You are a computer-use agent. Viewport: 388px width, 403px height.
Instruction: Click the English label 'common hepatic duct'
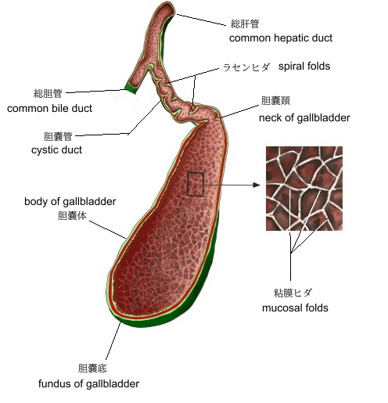pos(281,38)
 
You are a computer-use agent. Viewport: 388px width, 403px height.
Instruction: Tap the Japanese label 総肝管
pos(245,24)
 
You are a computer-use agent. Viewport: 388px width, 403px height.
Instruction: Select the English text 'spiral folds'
pos(304,67)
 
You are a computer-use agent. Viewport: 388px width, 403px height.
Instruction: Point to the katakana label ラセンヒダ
pos(246,67)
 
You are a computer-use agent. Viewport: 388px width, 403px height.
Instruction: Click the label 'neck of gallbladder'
pos(304,118)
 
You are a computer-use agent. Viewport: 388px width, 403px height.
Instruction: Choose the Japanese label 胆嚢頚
pos(275,100)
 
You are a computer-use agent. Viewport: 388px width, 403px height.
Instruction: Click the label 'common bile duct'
pos(49,109)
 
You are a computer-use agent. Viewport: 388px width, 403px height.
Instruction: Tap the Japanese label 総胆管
pos(48,93)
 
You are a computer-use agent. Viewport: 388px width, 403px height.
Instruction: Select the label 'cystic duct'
pos(56,150)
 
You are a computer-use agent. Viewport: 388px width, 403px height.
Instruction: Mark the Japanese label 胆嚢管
pos(58,136)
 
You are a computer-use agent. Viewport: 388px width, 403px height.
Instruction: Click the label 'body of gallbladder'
pos(70,202)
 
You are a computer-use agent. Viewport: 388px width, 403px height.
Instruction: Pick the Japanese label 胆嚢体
pos(72,216)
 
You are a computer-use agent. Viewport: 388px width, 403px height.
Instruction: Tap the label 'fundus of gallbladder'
pos(88,383)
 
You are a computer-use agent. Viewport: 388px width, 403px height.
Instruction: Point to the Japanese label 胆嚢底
pos(92,369)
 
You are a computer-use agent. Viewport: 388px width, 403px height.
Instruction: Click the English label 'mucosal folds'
pos(295,308)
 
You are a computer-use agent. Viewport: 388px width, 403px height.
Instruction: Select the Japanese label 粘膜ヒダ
pos(293,293)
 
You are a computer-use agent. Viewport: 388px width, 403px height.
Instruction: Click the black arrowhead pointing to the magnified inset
pos(257,185)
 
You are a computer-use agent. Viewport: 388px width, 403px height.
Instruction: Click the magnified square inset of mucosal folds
pos(304,189)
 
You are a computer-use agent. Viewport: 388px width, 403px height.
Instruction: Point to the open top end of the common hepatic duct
pos(167,9)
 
